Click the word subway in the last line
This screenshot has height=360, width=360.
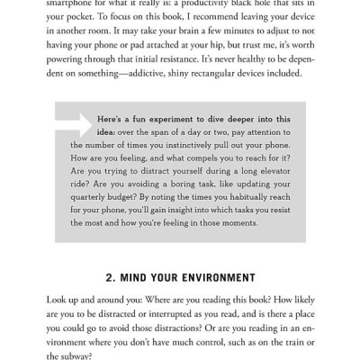88,357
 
